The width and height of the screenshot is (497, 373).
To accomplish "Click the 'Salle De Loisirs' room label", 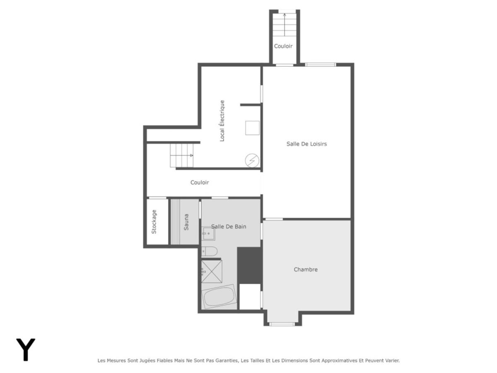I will pos(306,144).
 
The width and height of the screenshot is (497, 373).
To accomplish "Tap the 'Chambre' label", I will pos(306,269).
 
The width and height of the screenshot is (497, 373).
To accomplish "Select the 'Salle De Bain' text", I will pos(229,226).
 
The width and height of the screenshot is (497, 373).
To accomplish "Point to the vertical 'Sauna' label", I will pos(186,222).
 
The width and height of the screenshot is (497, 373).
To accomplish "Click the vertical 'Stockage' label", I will pos(154,222).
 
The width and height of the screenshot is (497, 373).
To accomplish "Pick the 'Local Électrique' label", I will pos(222,121).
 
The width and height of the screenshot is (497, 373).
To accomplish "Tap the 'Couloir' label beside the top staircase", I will pos(283,46).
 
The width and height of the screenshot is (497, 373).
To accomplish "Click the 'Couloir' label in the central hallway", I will pos(200,182).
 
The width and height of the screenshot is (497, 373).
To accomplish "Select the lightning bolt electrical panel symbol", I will pos(252,160).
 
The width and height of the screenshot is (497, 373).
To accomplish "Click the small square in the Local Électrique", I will pos(252,128).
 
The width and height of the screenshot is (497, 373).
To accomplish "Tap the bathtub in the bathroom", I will pos(219,296).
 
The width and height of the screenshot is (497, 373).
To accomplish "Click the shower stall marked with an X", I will pos(212,271).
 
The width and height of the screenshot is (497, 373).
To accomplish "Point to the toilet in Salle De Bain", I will pos(209,251).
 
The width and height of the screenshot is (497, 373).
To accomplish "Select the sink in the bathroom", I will pos(208,233).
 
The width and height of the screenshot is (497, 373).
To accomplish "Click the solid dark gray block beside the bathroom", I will pos(249,265).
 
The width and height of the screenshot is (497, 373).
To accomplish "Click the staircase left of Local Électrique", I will pos(182,155).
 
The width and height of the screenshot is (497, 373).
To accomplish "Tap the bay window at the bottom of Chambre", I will pos(282,324).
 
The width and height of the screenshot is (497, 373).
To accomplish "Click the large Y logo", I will pos(26,349).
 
